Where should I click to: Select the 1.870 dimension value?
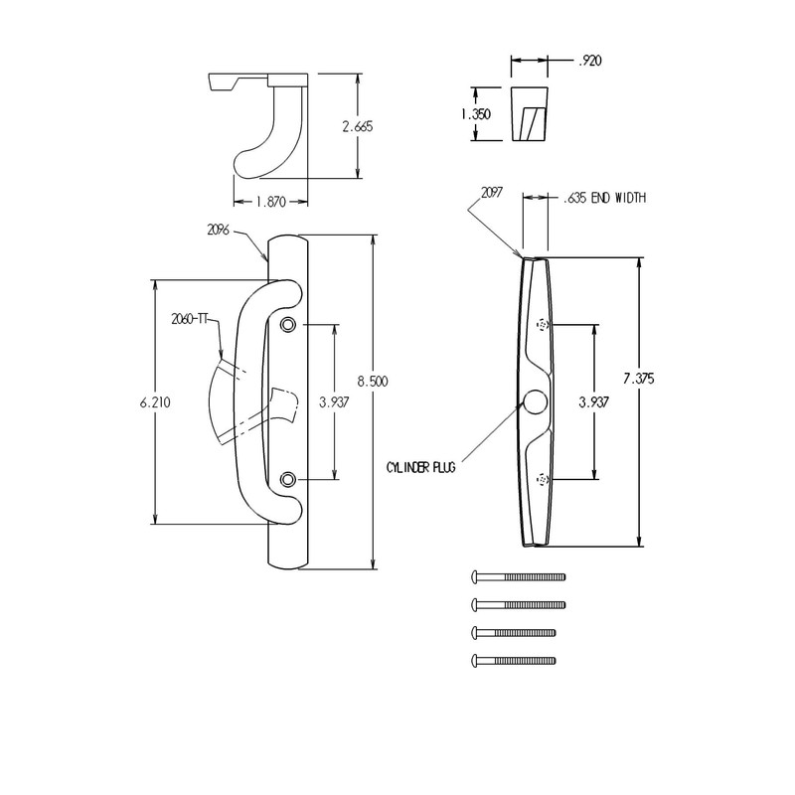tap(270, 202)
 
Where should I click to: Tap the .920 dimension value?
tap(590, 61)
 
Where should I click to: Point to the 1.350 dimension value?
tap(475, 114)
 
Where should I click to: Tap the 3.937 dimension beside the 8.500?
tap(333, 402)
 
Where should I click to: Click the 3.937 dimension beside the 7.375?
tap(593, 402)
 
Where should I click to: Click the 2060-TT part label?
tap(188, 318)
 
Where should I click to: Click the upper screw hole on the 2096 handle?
tap(288, 325)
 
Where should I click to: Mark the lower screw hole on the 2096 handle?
tap(288, 479)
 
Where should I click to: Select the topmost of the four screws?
tap(517, 576)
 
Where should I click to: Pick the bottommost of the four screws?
tap(513, 660)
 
